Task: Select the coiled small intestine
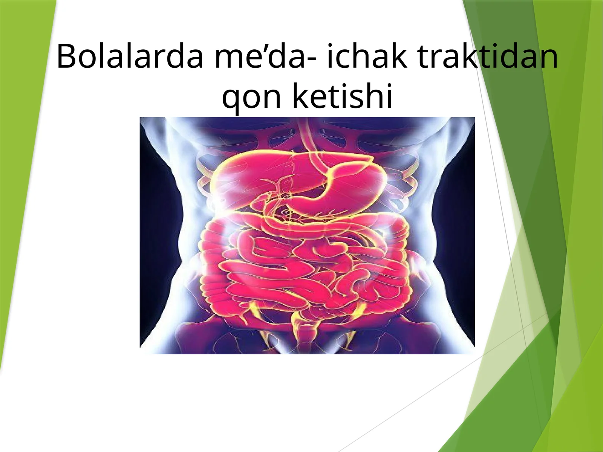pyautogui.click(x=301, y=271)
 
